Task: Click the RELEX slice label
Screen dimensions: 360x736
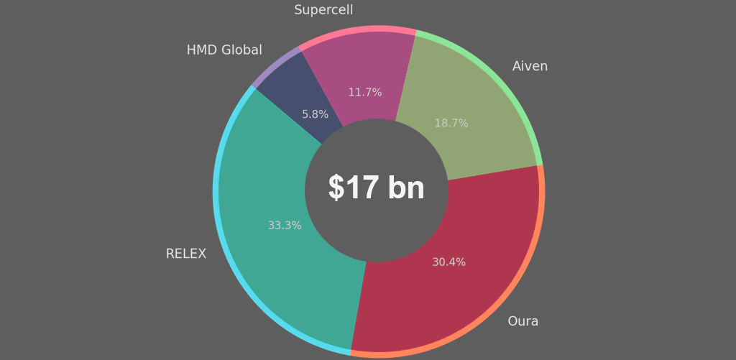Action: [x=185, y=254]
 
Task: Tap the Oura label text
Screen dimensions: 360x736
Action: [x=523, y=321]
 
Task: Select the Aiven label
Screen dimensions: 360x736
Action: [x=530, y=66]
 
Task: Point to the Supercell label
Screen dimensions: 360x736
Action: [x=323, y=10]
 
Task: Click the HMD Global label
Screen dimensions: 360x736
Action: [x=224, y=50]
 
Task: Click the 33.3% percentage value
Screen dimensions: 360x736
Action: [x=285, y=226]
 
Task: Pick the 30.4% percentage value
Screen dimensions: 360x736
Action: [x=448, y=262]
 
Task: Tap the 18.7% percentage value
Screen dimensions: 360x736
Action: [x=451, y=124]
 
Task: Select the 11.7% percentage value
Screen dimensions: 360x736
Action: [x=365, y=93]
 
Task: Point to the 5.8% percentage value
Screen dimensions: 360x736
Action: [x=315, y=114]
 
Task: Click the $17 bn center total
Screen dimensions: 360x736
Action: [x=377, y=188]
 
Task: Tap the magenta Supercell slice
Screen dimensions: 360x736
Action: [x=359, y=65]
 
